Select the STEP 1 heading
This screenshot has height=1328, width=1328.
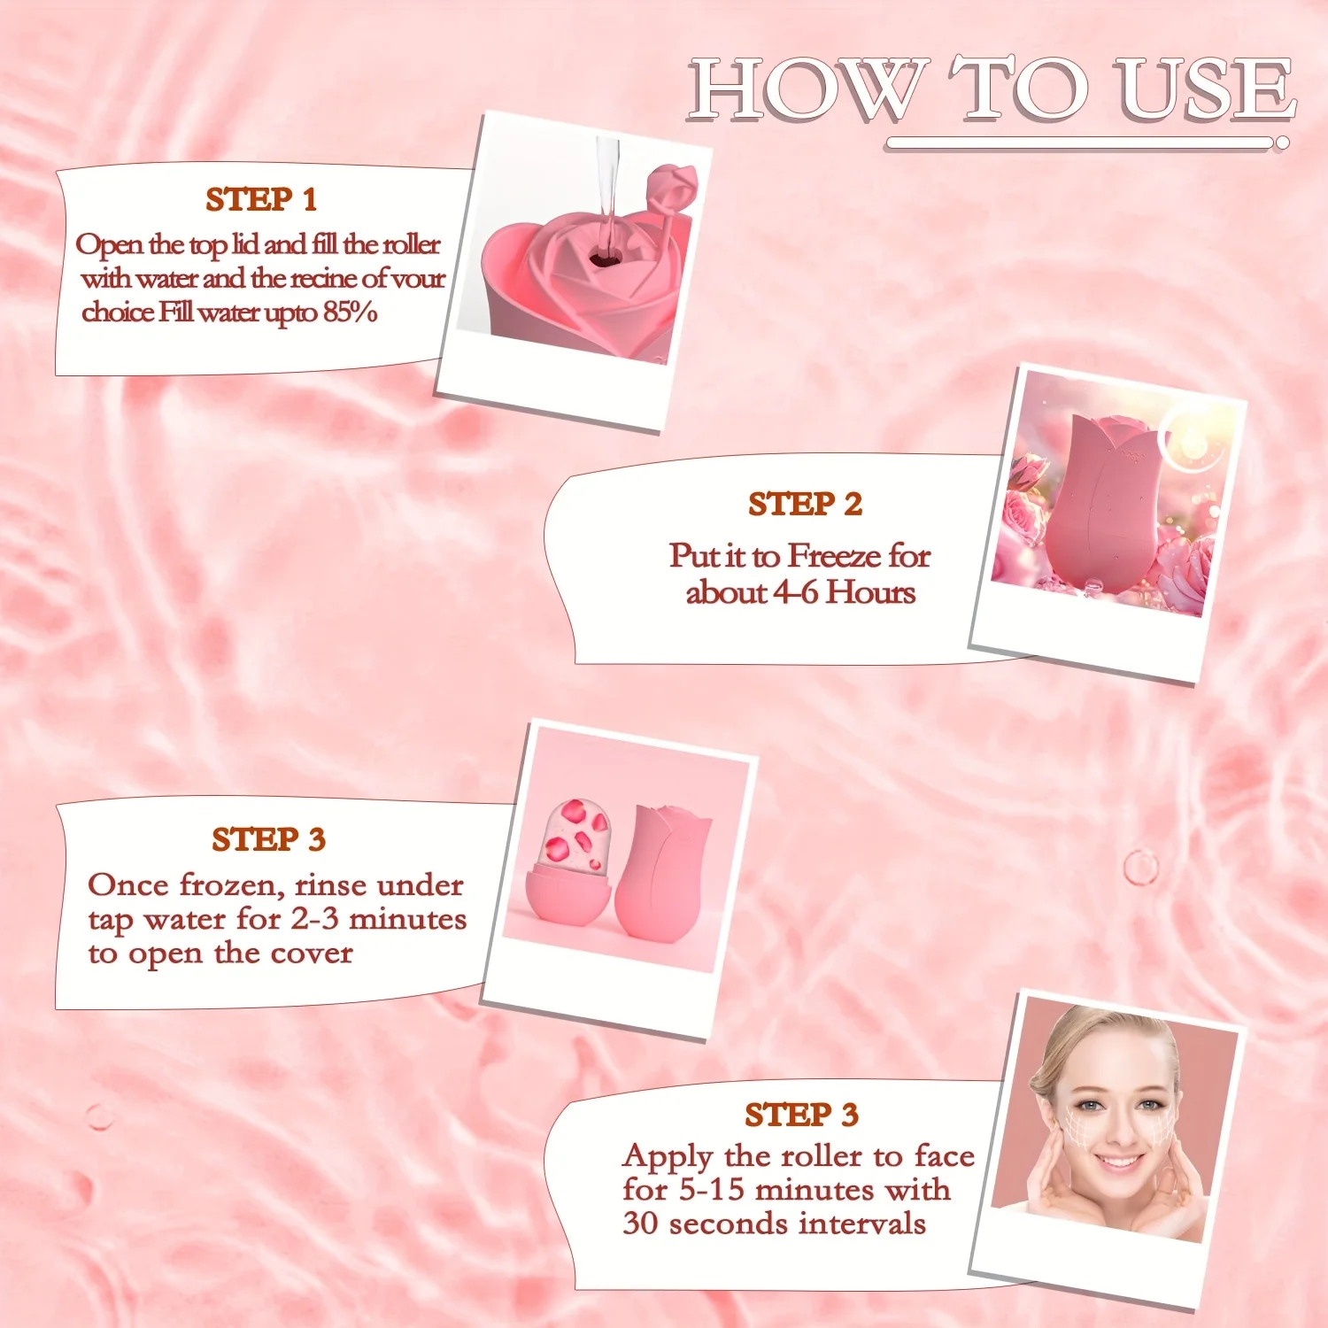pyautogui.click(x=261, y=200)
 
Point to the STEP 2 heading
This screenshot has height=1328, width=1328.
pyautogui.click(x=805, y=504)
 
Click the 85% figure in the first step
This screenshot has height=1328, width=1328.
pyautogui.click(x=350, y=313)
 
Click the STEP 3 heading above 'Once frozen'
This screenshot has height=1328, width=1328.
pyautogui.click(x=268, y=839)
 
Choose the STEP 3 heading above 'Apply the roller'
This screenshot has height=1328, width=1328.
pyautogui.click(x=801, y=1115)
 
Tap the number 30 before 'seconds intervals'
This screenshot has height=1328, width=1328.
pyautogui.click(x=640, y=1224)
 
